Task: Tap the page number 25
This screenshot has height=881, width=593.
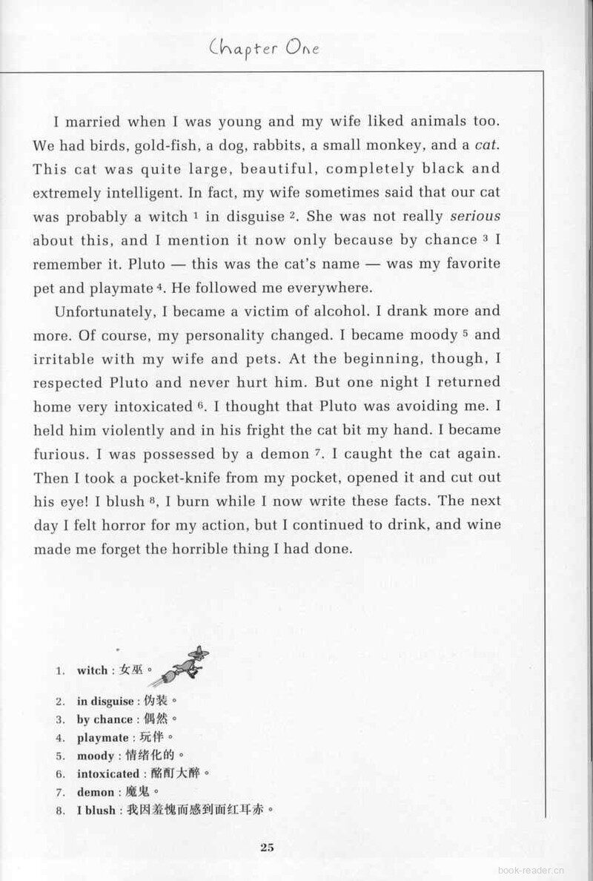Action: pos(268,848)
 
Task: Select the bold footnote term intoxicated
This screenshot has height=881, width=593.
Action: pos(107,773)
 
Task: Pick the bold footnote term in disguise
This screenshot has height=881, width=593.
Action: pos(105,701)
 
